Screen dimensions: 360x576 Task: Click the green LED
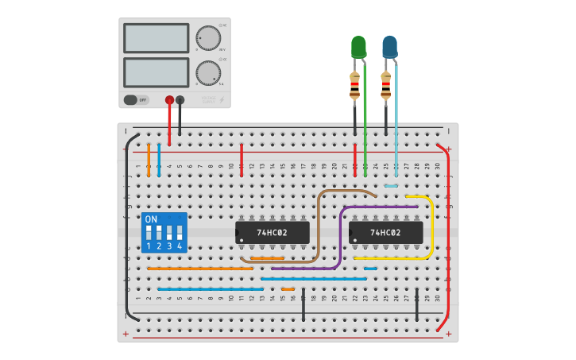coord(358,48)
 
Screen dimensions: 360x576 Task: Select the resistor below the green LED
coord(354,84)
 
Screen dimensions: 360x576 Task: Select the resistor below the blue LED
coord(386,84)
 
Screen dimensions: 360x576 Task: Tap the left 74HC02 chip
coord(272,232)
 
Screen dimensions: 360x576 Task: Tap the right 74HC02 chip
coord(385,232)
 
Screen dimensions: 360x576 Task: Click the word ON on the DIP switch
coord(151,219)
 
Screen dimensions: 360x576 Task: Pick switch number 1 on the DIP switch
coord(149,233)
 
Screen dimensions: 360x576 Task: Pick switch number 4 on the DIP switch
coord(180,233)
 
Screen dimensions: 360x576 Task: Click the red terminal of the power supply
coord(169,100)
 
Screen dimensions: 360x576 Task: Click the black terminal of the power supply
coord(180,100)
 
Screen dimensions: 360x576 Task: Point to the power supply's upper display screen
coord(157,38)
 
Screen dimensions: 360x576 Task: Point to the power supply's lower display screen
coord(157,73)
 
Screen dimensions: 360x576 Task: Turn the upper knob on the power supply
coord(208,37)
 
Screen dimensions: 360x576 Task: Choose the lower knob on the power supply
coord(208,73)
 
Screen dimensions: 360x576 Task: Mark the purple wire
coord(341,238)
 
